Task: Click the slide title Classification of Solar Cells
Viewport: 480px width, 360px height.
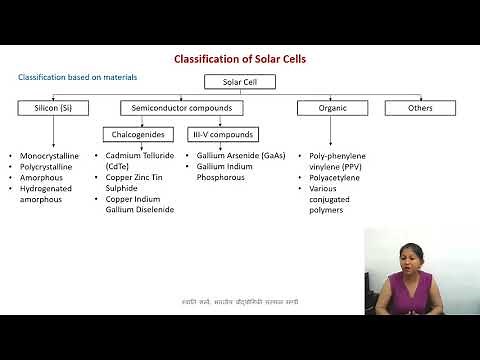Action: pos(240,59)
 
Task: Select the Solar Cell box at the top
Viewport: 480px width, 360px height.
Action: pos(240,82)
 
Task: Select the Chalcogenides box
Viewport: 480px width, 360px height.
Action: pos(141,134)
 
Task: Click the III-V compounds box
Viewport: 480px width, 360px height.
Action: pos(222,134)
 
